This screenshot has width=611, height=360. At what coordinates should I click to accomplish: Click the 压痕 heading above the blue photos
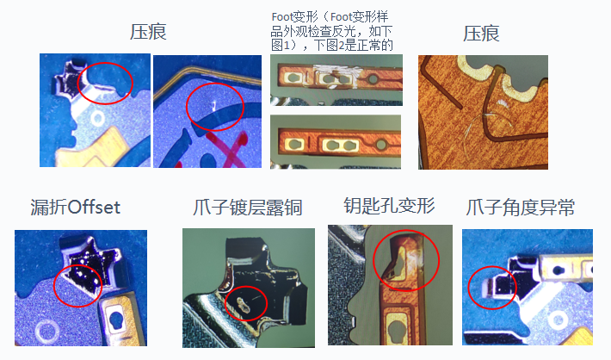click(x=148, y=32)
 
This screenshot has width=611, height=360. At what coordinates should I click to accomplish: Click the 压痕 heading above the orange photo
click(x=481, y=34)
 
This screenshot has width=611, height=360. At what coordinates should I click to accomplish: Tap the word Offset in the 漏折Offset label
click(x=95, y=207)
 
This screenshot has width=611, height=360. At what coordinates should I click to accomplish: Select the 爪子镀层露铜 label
click(x=248, y=208)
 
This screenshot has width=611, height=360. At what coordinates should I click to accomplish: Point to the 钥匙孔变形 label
click(x=389, y=206)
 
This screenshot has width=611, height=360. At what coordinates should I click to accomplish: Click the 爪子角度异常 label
click(x=521, y=208)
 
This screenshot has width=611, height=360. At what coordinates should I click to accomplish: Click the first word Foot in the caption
click(x=282, y=16)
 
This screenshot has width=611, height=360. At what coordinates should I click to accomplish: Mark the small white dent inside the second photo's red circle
click(x=214, y=105)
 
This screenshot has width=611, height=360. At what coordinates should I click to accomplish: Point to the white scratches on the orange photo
click(x=487, y=118)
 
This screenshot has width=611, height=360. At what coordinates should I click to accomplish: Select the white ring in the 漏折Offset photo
click(x=47, y=332)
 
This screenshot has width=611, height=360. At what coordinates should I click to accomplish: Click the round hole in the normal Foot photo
click(x=380, y=145)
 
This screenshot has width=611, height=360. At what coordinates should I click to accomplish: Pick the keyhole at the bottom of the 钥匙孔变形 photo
click(x=400, y=331)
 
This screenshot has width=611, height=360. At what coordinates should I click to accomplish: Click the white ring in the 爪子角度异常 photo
click(x=558, y=320)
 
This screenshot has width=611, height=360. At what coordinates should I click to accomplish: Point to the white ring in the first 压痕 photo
click(x=97, y=119)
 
